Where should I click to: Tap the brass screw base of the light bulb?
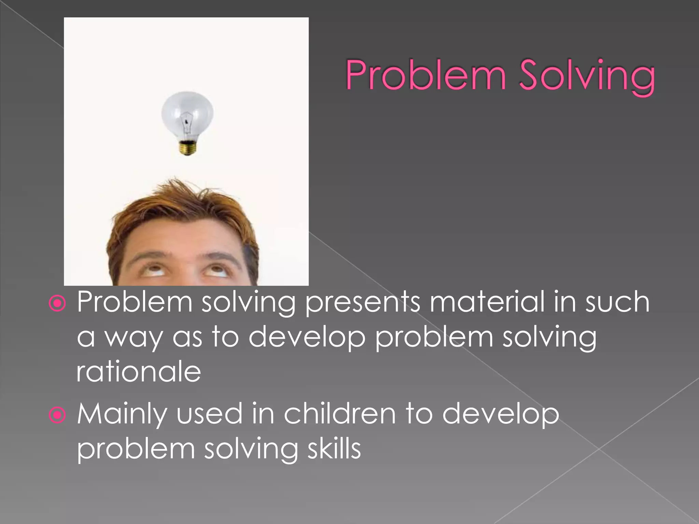coord(187,148)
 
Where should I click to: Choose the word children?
coord(340,414)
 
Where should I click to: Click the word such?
coord(617,302)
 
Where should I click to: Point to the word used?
coord(209,414)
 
